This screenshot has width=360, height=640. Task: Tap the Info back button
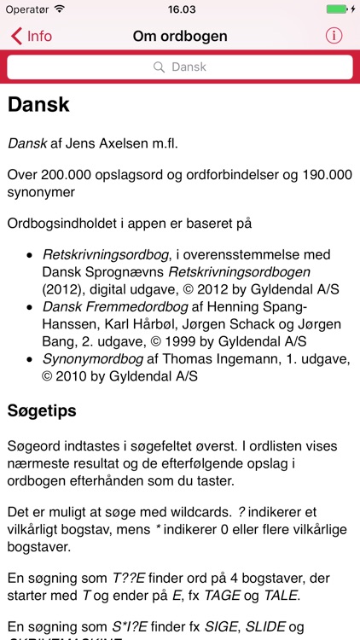tap(32, 36)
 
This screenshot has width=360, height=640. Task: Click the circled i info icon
tap(334, 36)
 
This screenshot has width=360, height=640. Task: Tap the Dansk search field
tap(180, 67)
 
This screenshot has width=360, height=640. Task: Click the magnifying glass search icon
tap(159, 67)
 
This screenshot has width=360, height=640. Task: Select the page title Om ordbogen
tap(180, 36)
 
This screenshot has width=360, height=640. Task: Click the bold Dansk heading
tap(38, 104)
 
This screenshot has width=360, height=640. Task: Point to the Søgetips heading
tap(42, 410)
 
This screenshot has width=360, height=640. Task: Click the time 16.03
tap(180, 9)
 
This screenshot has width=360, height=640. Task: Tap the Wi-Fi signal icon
tap(59, 9)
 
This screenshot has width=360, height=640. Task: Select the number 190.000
tap(321, 174)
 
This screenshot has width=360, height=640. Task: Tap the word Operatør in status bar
tap(26, 9)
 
